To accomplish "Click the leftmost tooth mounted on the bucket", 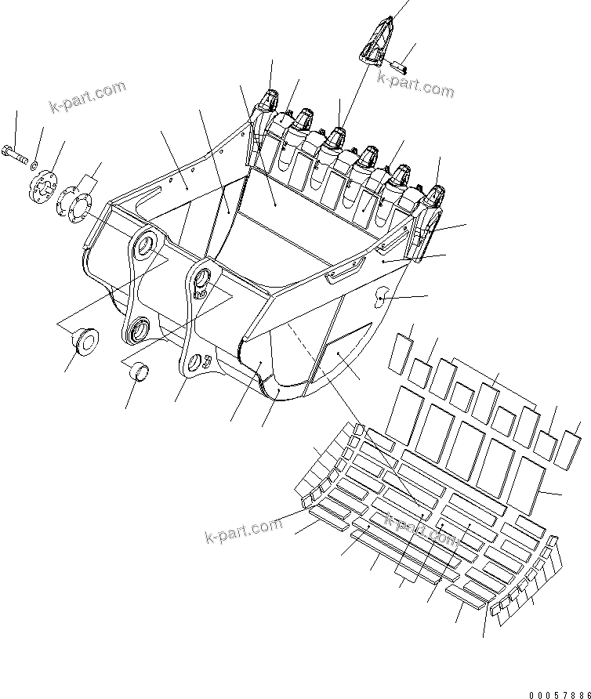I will pos(269,103).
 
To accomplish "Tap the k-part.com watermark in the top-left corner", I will pos(89,97).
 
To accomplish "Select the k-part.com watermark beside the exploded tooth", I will pos(415,83).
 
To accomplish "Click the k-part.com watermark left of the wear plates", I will pos(243,531).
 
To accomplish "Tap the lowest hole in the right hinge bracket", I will pos(194,362).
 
